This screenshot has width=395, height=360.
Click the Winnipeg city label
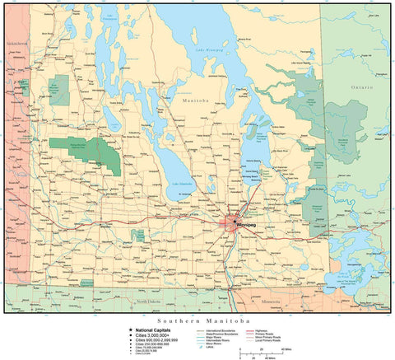[246, 224]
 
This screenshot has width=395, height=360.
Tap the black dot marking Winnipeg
[233, 223]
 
